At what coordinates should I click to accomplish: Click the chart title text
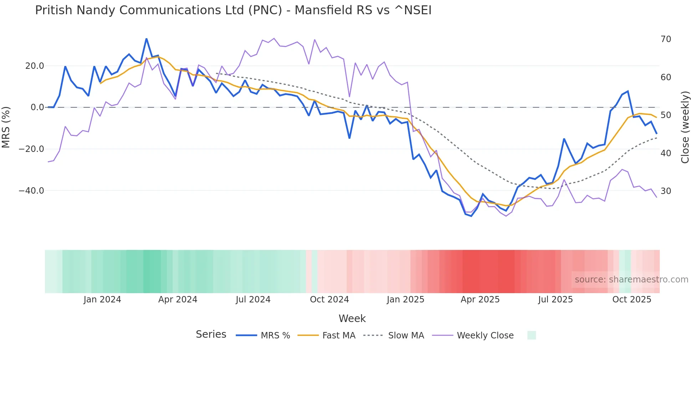(233, 10)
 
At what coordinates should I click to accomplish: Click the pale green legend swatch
(531, 335)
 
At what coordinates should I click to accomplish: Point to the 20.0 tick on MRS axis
(35, 66)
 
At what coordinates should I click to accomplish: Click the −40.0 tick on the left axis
(31, 191)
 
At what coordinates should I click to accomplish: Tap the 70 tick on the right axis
(665, 39)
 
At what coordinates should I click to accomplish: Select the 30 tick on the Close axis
(665, 191)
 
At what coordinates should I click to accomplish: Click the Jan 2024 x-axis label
(102, 300)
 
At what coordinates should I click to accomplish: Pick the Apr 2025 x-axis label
(480, 300)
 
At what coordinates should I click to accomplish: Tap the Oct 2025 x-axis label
(632, 300)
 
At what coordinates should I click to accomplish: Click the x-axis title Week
(352, 318)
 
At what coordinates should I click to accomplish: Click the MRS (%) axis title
(6, 127)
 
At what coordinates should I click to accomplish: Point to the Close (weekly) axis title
(685, 127)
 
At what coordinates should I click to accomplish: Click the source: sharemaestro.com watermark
(631, 280)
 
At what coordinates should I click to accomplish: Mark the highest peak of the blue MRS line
(146, 39)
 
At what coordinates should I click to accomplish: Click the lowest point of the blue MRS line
(471, 216)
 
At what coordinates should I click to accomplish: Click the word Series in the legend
(211, 335)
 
